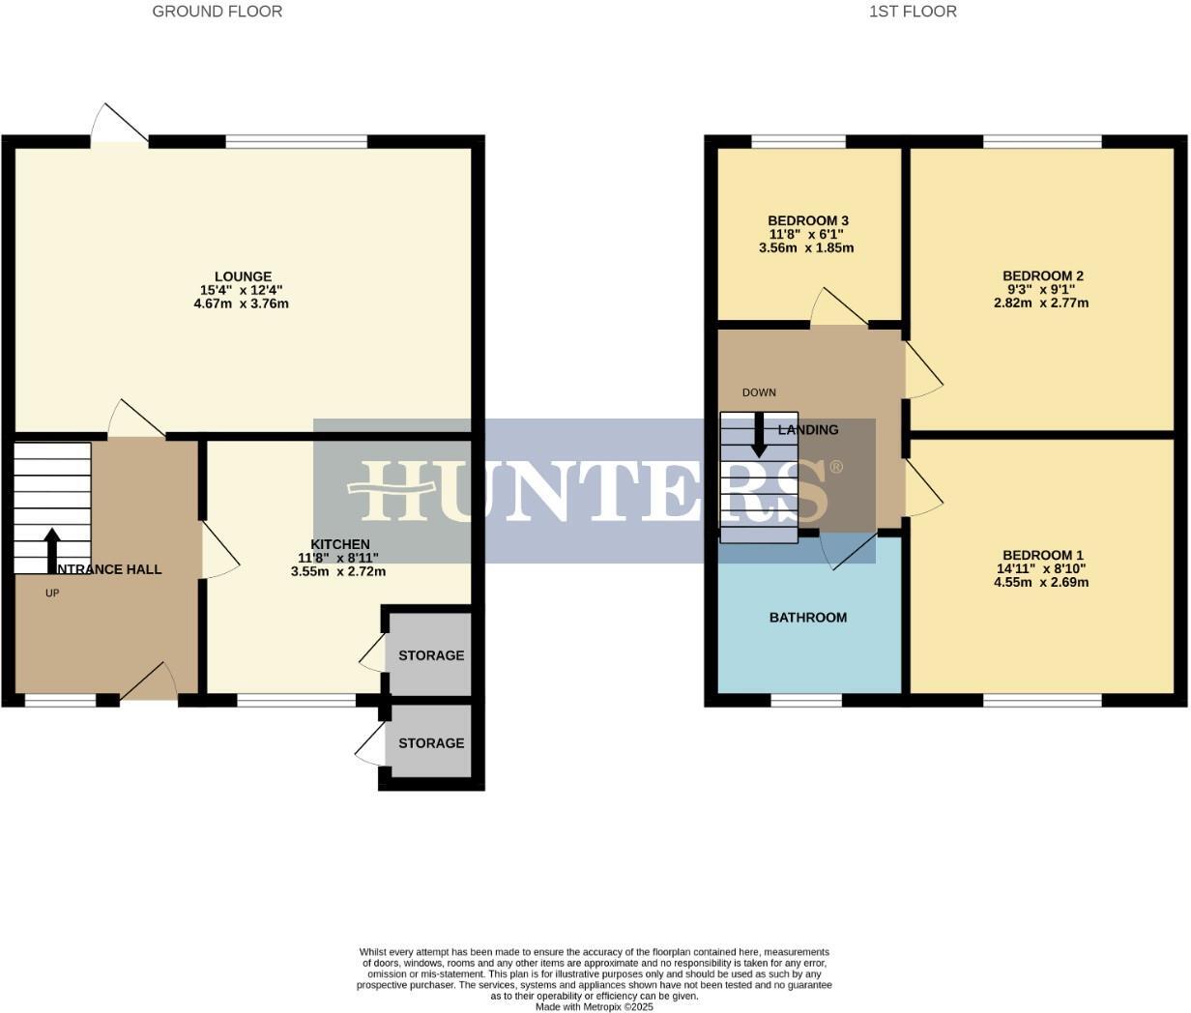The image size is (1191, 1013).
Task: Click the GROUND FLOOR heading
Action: (x=218, y=12)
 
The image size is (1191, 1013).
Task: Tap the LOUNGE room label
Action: (x=243, y=276)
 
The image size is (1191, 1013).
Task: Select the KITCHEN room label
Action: (x=339, y=544)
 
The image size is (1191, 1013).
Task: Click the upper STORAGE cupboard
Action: (x=430, y=655)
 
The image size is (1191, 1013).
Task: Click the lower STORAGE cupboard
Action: (x=430, y=743)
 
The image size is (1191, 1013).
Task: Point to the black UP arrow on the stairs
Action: (x=52, y=550)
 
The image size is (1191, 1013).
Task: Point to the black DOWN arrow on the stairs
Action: (x=759, y=435)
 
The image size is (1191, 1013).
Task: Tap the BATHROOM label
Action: (x=807, y=618)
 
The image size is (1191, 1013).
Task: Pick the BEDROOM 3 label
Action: (x=807, y=220)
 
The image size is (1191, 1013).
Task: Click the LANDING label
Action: (x=808, y=430)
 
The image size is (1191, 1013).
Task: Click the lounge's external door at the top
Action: (x=120, y=126)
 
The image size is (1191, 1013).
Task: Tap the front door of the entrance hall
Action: (x=149, y=683)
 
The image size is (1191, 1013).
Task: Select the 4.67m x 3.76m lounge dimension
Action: (x=242, y=304)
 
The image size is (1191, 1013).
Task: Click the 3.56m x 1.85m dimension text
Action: (x=806, y=247)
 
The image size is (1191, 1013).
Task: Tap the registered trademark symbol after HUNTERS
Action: (x=836, y=468)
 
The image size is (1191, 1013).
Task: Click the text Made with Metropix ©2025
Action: (x=595, y=1006)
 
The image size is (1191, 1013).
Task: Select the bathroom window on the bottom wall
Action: (x=806, y=700)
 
